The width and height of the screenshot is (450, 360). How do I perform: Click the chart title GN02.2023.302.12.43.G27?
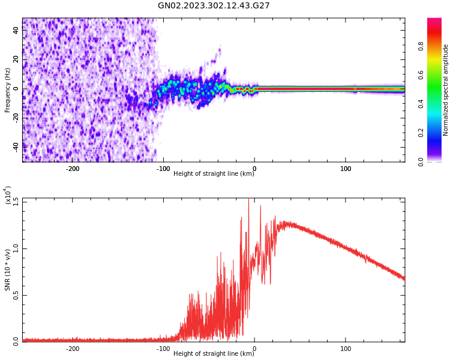[x=214, y=6]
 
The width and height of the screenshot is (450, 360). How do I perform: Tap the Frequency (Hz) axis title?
[x=8, y=90]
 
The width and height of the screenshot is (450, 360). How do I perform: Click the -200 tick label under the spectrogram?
[x=72, y=169]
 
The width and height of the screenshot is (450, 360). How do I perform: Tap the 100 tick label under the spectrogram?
[x=346, y=169]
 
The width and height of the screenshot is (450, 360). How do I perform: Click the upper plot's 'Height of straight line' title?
[x=214, y=174]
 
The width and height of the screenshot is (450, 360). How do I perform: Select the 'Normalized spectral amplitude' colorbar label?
[x=446, y=90]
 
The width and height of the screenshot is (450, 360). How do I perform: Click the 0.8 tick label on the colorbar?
[x=437, y=44]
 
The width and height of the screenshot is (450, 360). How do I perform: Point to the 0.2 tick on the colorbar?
[x=437, y=133]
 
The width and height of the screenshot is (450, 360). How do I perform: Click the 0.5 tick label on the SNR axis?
[x=15, y=295]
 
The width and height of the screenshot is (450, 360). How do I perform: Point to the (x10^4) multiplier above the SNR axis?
[x=8, y=196]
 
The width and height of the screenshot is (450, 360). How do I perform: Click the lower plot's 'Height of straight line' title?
[x=214, y=353]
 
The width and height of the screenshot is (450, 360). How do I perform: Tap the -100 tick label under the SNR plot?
[x=163, y=349]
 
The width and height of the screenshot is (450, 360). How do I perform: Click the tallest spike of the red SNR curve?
[x=248, y=200]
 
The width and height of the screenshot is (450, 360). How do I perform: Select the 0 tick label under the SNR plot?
[x=254, y=349]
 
